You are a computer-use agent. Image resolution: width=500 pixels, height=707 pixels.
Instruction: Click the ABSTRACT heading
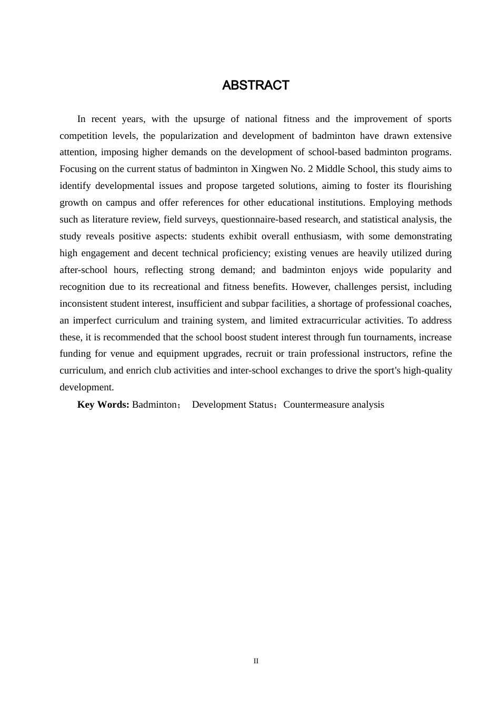255,85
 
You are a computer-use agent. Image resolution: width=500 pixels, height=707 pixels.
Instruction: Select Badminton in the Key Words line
154,405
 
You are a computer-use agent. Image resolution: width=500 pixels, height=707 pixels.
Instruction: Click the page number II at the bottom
256,661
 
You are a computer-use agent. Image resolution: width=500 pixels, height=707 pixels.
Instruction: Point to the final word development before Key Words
86,387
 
